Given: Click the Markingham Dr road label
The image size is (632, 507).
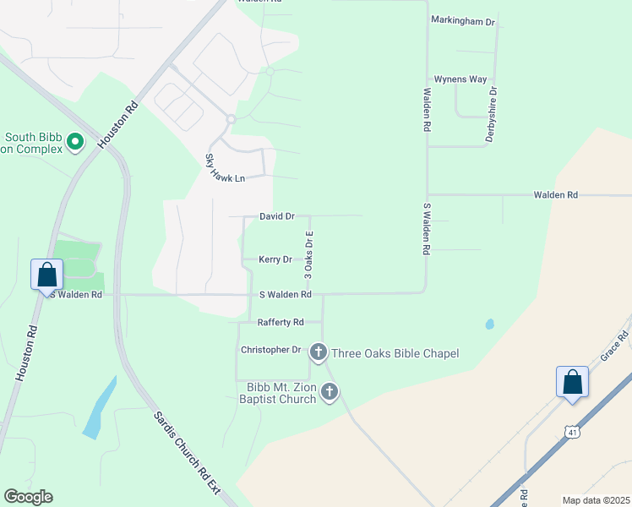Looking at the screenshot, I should [x=462, y=20].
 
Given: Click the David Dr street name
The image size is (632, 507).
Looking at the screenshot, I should [x=276, y=216].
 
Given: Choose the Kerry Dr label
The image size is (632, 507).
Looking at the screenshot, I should [x=275, y=259].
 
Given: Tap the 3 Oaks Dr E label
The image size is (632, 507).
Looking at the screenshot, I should [x=309, y=256].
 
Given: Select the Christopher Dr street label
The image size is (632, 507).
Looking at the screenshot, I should [x=270, y=349].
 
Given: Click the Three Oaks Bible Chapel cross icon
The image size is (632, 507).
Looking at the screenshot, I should [x=319, y=352].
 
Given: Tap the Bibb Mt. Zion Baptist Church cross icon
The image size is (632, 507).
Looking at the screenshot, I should [x=330, y=391].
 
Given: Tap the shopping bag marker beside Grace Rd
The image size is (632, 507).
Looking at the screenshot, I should [x=572, y=382].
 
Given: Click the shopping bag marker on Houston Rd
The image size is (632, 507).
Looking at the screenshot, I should [x=47, y=275].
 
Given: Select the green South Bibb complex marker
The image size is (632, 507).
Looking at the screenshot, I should [x=75, y=141].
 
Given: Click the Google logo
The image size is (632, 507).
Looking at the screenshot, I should [x=28, y=497].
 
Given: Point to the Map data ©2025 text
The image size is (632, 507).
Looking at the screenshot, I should [x=596, y=500].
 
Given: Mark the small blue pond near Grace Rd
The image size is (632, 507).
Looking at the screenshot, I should [x=490, y=324].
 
